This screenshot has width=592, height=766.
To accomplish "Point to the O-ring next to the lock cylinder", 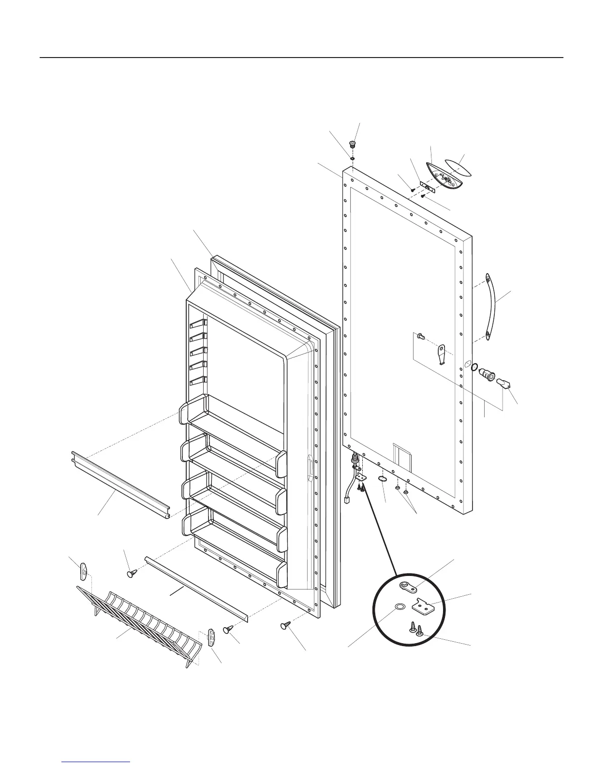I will (474, 368).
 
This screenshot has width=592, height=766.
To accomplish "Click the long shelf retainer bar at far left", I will (119, 486).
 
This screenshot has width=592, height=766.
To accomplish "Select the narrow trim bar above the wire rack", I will (196, 589).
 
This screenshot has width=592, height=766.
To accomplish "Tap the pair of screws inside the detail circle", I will (416, 629).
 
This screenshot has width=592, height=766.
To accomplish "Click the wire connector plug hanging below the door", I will (347, 501).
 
